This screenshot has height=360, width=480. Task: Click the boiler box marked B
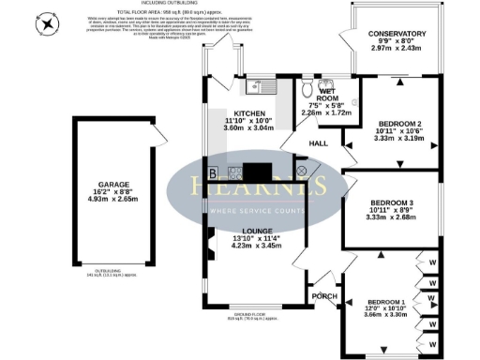(x=214, y=172)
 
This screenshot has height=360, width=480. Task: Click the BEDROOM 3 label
(x=392, y=203)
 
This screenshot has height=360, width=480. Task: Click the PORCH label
(x=324, y=296)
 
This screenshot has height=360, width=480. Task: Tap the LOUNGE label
(x=256, y=232)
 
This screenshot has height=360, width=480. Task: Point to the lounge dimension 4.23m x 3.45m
(x=256, y=248)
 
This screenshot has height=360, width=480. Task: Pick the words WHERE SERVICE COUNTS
(x=255, y=211)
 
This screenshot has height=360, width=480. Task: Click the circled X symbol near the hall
(x=302, y=172)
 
